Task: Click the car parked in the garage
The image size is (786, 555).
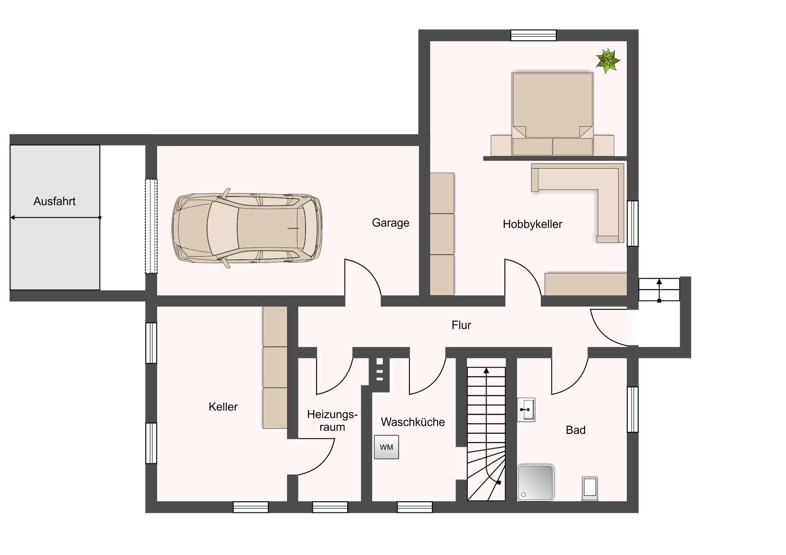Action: click(247, 228)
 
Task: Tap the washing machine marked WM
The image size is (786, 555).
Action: click(386, 447)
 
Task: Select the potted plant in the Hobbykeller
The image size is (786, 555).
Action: click(608, 61)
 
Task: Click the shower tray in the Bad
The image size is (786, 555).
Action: click(535, 483)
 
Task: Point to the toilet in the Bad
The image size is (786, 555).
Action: click(590, 488)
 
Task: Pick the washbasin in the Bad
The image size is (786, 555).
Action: click(526, 409)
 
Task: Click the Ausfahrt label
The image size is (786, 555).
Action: click(54, 201)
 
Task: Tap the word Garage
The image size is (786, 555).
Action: click(391, 223)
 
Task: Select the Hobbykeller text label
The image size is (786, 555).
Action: click(533, 224)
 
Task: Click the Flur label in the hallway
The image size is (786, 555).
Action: click(461, 325)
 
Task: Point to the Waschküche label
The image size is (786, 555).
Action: click(413, 422)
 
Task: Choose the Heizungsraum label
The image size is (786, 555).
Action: click(332, 420)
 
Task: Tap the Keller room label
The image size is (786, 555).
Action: click(223, 407)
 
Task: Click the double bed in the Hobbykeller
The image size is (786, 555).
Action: click(552, 114)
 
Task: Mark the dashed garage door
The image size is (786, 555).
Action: click(151, 226)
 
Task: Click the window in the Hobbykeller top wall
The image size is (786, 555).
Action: click(533, 35)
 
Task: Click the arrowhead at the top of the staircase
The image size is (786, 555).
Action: click(486, 371)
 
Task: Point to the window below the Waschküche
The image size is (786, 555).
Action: click(415, 507)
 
